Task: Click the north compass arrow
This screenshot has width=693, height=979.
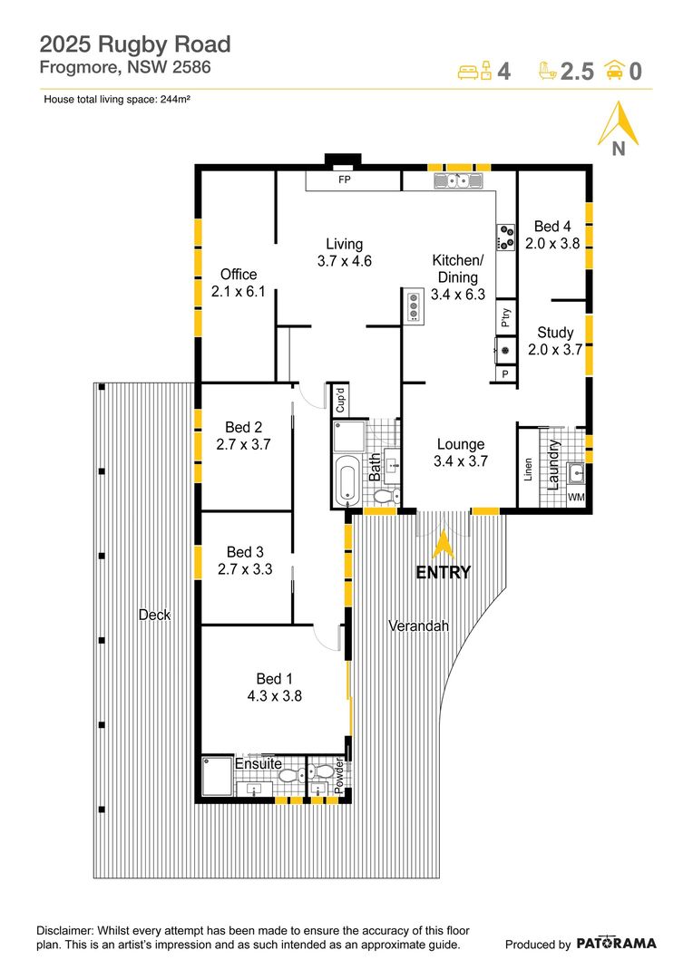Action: (x=618, y=124)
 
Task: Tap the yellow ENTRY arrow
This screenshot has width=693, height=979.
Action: (x=443, y=545)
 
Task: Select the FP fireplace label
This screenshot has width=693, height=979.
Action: (x=345, y=180)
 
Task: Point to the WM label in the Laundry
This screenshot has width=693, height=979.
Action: (x=576, y=498)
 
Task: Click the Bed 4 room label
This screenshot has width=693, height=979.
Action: (x=552, y=227)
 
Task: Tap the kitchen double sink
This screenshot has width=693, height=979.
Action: (x=458, y=181)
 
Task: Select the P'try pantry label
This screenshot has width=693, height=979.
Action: (x=505, y=316)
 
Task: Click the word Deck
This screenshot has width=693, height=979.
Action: (x=154, y=615)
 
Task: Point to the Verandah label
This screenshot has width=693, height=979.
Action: (x=418, y=626)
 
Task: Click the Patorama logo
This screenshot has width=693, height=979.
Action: (x=616, y=944)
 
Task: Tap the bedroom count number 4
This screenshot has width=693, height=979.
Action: (x=504, y=72)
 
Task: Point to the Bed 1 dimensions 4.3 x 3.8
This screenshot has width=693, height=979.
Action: (x=274, y=696)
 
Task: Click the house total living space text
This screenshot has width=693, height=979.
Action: (x=116, y=100)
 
